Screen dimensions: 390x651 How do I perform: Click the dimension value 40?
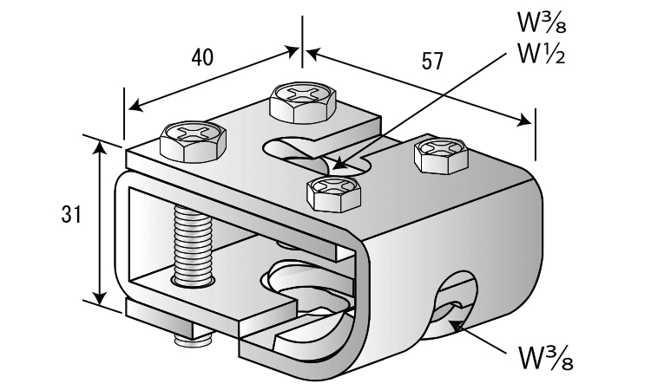tap(202, 57)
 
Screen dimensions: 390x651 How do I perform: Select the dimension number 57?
tap(431, 61)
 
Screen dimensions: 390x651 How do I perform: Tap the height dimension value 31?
tap(72, 215)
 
